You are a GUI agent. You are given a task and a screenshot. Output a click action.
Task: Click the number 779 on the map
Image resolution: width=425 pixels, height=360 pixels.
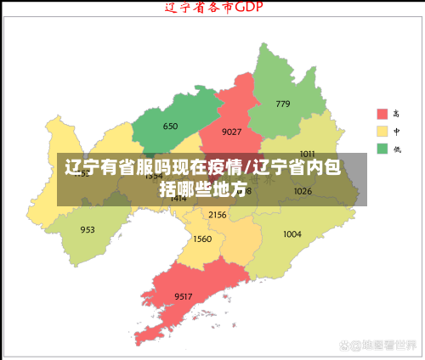tap(282, 104)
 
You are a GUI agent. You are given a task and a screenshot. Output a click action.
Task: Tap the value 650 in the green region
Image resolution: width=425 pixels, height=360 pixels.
tap(170, 127)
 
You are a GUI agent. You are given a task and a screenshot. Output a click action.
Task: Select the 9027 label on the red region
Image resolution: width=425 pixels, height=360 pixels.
tap(231, 132)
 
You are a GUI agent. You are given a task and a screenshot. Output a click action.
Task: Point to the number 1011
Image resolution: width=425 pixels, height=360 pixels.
tap(307, 154)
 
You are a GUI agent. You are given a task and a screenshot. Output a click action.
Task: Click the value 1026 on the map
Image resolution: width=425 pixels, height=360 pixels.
tap(303, 191)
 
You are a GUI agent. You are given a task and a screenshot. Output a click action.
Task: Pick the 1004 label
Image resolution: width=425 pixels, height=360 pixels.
tap(292, 233)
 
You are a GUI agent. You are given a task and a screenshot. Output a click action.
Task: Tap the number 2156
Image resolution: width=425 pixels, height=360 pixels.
tap(218, 215)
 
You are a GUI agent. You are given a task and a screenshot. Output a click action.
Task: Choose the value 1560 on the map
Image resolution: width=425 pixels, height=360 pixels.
tap(202, 239)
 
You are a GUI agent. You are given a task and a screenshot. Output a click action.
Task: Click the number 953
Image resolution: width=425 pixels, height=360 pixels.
tap(88, 229)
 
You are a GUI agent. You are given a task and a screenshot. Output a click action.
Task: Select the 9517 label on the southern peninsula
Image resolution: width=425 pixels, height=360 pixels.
tap(184, 295)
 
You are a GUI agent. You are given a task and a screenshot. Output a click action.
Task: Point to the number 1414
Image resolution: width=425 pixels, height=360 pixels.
tap(178, 199)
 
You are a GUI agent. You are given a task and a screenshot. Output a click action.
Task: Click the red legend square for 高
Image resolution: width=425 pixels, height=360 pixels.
tap(382, 114)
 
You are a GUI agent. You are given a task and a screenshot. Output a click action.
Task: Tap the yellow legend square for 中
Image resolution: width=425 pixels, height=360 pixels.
tap(382, 132)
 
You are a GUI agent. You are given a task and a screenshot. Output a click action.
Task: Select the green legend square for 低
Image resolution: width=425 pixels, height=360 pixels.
tap(382, 149)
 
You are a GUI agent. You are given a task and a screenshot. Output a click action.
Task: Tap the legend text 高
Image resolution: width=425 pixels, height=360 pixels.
tap(397, 114)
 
